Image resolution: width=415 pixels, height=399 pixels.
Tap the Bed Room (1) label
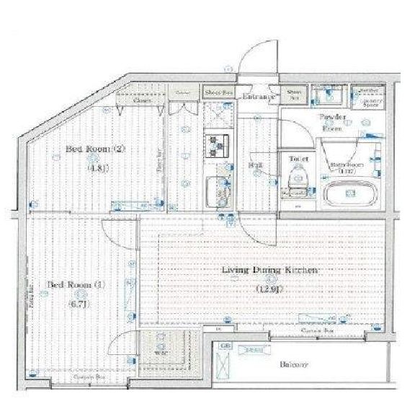click(x=77, y=284)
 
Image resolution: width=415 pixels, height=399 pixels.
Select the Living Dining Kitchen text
click(x=270, y=270)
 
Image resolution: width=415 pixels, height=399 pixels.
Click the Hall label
click(x=256, y=165)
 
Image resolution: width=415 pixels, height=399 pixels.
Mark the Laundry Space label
click(x=370, y=101)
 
